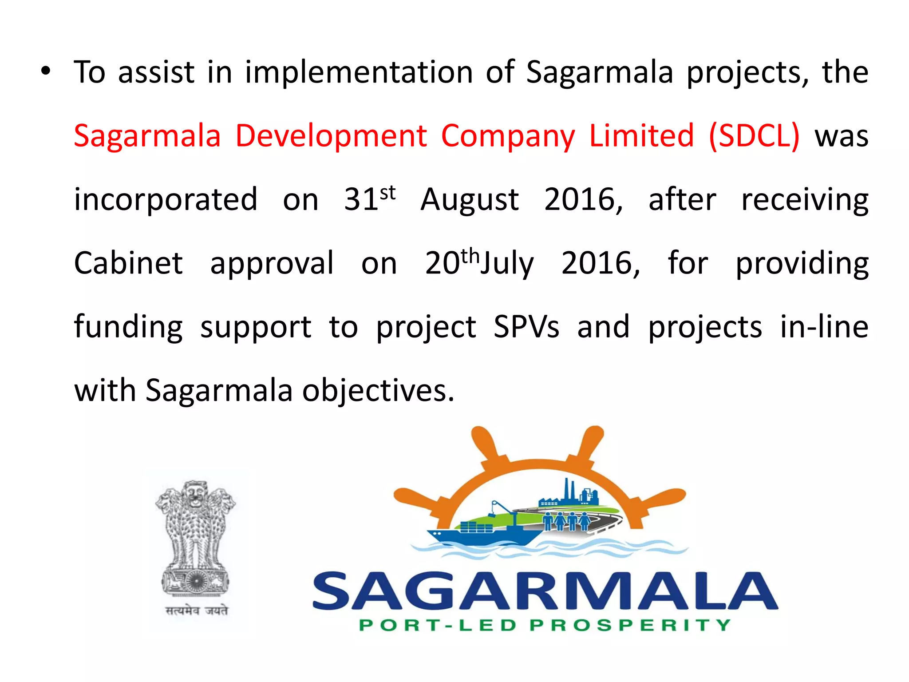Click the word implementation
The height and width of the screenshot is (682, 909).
point(359,72)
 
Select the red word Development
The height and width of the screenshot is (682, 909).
point(331,136)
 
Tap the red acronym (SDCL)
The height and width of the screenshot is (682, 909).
point(754,136)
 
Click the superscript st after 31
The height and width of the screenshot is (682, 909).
point(387,193)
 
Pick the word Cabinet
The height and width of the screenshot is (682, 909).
point(128,263)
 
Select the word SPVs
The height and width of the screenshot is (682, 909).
point(526,327)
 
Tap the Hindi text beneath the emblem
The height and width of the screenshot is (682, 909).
point(197,611)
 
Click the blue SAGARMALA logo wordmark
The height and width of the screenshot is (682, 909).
point(545,591)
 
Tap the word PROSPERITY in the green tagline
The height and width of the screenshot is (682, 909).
point(630,625)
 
